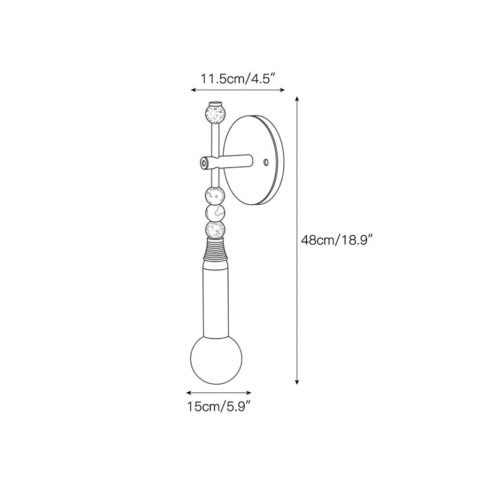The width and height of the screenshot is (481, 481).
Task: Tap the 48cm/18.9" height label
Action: (x=337, y=239)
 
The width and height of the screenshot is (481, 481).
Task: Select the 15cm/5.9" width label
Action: (x=219, y=407)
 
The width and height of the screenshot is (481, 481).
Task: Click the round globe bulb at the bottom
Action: (x=216, y=359)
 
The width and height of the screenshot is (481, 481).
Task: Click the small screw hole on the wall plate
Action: (x=266, y=161)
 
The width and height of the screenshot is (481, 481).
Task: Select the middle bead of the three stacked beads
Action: (x=215, y=212)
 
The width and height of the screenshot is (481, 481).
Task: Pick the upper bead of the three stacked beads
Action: (x=215, y=195)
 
